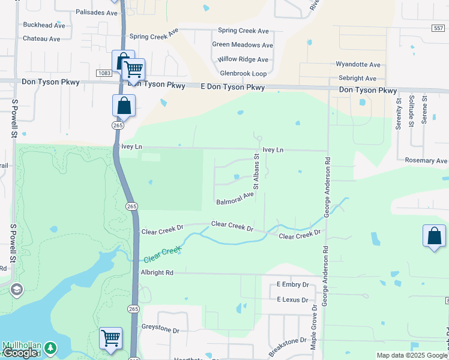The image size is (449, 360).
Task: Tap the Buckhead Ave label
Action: [x=43, y=25]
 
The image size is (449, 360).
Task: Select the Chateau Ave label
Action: [x=41, y=38]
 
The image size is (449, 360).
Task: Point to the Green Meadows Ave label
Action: [x=243, y=44]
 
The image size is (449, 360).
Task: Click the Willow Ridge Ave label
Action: [x=243, y=59]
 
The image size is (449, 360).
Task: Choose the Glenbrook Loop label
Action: [x=243, y=73]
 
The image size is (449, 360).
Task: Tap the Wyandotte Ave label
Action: [x=358, y=64]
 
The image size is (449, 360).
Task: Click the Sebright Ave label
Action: [x=357, y=78]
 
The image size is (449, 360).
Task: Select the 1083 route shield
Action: [x=103, y=73]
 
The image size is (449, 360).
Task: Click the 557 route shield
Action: [x=438, y=28]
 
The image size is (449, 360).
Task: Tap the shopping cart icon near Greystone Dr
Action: [x=110, y=338]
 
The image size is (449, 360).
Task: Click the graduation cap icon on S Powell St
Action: [x=16, y=290]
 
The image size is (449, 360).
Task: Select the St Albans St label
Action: [x=256, y=172]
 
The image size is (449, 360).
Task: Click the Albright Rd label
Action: [x=157, y=272]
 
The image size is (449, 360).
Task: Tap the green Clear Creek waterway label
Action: [x=162, y=255]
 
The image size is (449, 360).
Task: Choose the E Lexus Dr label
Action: [x=292, y=299]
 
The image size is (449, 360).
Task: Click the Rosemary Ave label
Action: [x=426, y=161]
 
